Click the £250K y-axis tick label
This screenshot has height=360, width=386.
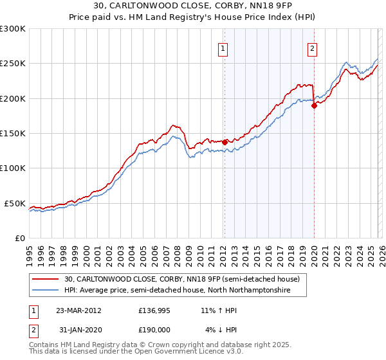click(13, 64)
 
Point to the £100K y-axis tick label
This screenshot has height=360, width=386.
click(13, 168)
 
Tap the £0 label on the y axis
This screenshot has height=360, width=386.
click(19, 238)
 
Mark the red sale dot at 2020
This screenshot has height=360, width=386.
click(314, 106)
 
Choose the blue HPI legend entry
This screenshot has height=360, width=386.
click(177, 291)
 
